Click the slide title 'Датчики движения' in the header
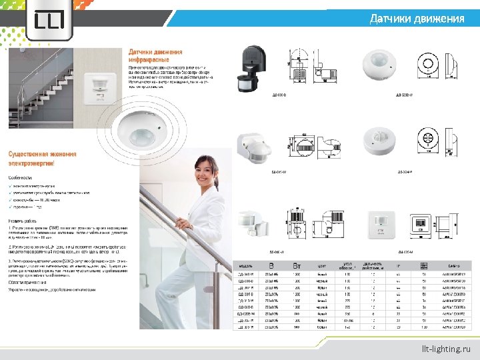click(417, 19)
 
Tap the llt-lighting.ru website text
click(445, 349)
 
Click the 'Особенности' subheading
click(20, 177)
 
